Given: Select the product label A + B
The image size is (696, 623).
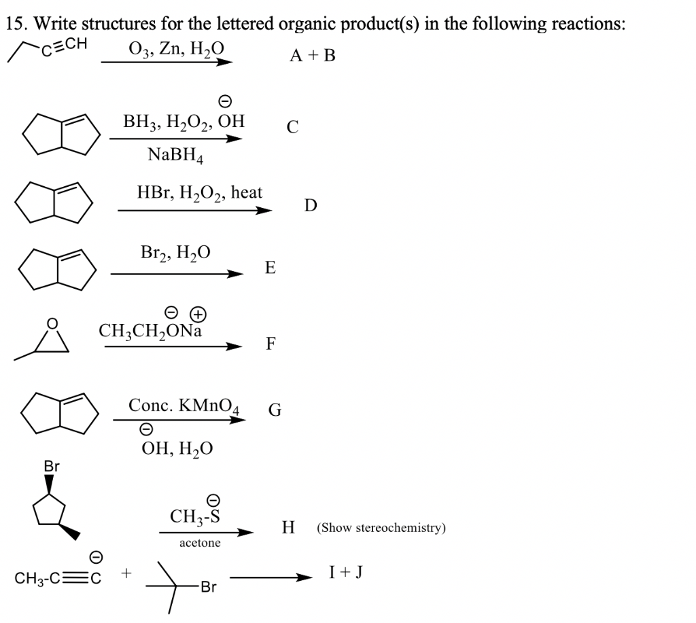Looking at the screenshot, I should [313, 56].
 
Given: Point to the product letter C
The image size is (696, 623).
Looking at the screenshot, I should [292, 127].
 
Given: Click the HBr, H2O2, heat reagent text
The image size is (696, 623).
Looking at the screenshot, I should [199, 193].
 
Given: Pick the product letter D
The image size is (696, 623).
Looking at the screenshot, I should [310, 205].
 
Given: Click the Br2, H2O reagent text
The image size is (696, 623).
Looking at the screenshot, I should [175, 253].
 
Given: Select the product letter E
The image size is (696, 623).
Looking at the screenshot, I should [271, 268].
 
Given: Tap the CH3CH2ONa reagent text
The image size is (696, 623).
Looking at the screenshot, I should [150, 331].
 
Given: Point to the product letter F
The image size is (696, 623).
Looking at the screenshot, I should [271, 344].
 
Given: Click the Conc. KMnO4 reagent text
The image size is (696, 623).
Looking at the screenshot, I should [184, 406].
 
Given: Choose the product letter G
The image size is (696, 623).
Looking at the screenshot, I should [275, 410].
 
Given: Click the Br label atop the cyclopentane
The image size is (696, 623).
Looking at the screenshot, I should [52, 467].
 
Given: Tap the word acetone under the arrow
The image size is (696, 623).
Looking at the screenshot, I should [200, 543].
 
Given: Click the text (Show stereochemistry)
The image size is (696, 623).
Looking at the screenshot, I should [381, 528].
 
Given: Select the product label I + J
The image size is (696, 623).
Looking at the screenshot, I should [345, 572].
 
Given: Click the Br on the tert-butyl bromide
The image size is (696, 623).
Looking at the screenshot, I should [207, 588].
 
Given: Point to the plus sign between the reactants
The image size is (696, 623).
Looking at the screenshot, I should [126, 574].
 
